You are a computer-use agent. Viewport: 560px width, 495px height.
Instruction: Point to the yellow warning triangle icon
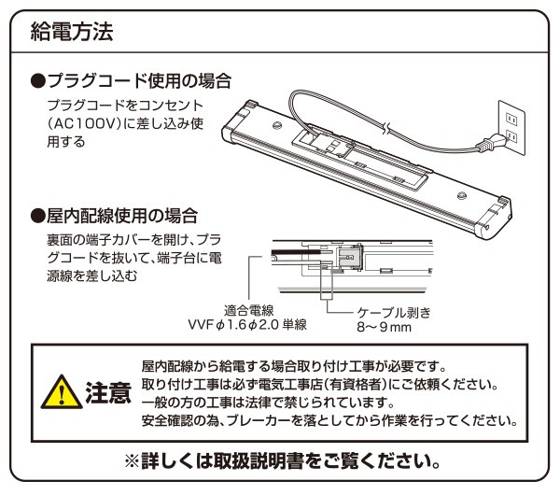63,391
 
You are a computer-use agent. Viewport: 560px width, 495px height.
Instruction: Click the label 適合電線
248,310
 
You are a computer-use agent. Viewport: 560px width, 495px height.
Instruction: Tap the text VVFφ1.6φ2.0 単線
248,325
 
